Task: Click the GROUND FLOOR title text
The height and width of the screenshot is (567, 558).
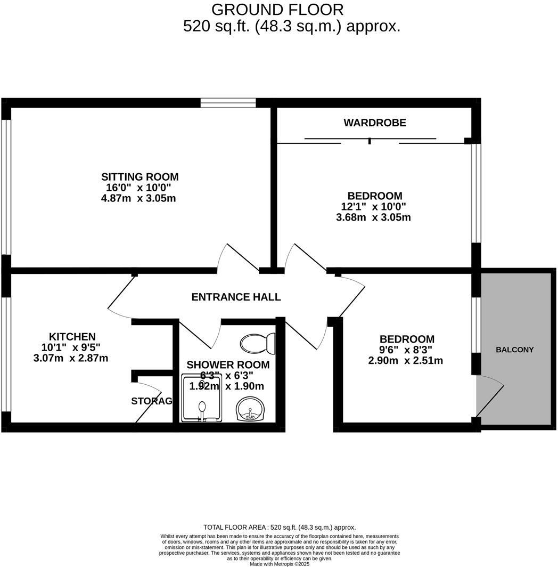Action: coord(277,10)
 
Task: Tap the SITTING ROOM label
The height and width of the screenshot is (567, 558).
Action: coord(140,177)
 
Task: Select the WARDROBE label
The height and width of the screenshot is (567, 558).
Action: coord(375,123)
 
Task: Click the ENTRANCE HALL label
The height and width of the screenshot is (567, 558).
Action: coord(236,297)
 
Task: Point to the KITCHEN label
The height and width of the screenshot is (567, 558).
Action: coord(72,337)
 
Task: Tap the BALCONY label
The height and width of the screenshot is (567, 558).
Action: coord(514,350)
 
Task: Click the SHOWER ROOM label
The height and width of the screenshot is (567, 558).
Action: coord(228,365)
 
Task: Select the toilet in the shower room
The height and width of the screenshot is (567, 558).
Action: coord(258,343)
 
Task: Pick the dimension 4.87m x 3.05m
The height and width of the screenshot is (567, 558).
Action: coord(138,198)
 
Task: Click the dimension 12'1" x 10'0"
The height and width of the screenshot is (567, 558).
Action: coord(374,207)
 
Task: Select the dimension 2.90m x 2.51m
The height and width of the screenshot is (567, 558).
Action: coord(406,361)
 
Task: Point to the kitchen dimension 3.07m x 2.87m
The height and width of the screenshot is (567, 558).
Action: coord(71,358)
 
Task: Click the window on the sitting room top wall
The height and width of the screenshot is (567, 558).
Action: coord(227,102)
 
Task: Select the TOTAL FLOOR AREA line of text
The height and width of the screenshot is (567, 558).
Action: coord(280,527)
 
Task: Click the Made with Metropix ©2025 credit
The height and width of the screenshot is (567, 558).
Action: coord(280,564)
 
